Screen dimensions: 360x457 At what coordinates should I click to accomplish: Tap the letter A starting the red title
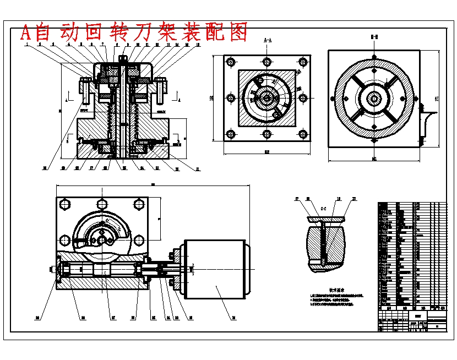(25, 33)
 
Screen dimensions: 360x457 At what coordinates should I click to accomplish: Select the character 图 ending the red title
(238, 32)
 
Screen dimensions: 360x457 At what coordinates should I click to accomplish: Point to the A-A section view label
(267, 40)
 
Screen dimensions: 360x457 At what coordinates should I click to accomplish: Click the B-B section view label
(374, 38)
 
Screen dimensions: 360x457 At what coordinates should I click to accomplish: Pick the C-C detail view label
(324, 209)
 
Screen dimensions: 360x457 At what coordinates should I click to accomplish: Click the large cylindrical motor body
(215, 270)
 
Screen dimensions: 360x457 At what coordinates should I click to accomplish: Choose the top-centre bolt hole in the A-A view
(266, 61)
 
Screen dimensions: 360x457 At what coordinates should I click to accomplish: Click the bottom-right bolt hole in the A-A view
(302, 133)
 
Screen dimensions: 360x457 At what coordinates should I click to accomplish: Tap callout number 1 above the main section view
(26, 45)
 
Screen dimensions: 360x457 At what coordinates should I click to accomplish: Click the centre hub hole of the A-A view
(266, 98)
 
